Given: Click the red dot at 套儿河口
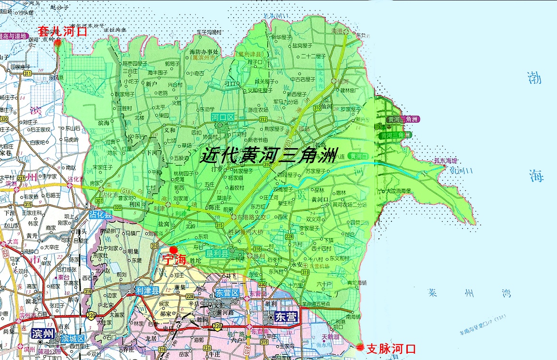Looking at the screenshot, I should [x=58, y=42].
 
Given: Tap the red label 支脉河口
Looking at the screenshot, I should [x=391, y=349].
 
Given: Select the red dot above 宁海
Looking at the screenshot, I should [x=173, y=250].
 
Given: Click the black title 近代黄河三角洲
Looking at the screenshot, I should [x=269, y=155].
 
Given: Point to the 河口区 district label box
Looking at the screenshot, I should [x=222, y=117].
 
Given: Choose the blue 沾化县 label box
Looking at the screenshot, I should [x=100, y=215].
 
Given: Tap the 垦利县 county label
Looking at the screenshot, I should [x=218, y=252].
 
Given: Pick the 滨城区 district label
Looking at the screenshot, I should [x=72, y=338].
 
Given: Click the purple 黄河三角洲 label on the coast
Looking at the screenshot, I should [x=403, y=119].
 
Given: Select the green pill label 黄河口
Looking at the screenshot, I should [x=358, y=156].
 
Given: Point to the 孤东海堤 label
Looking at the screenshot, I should [x=446, y=161].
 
